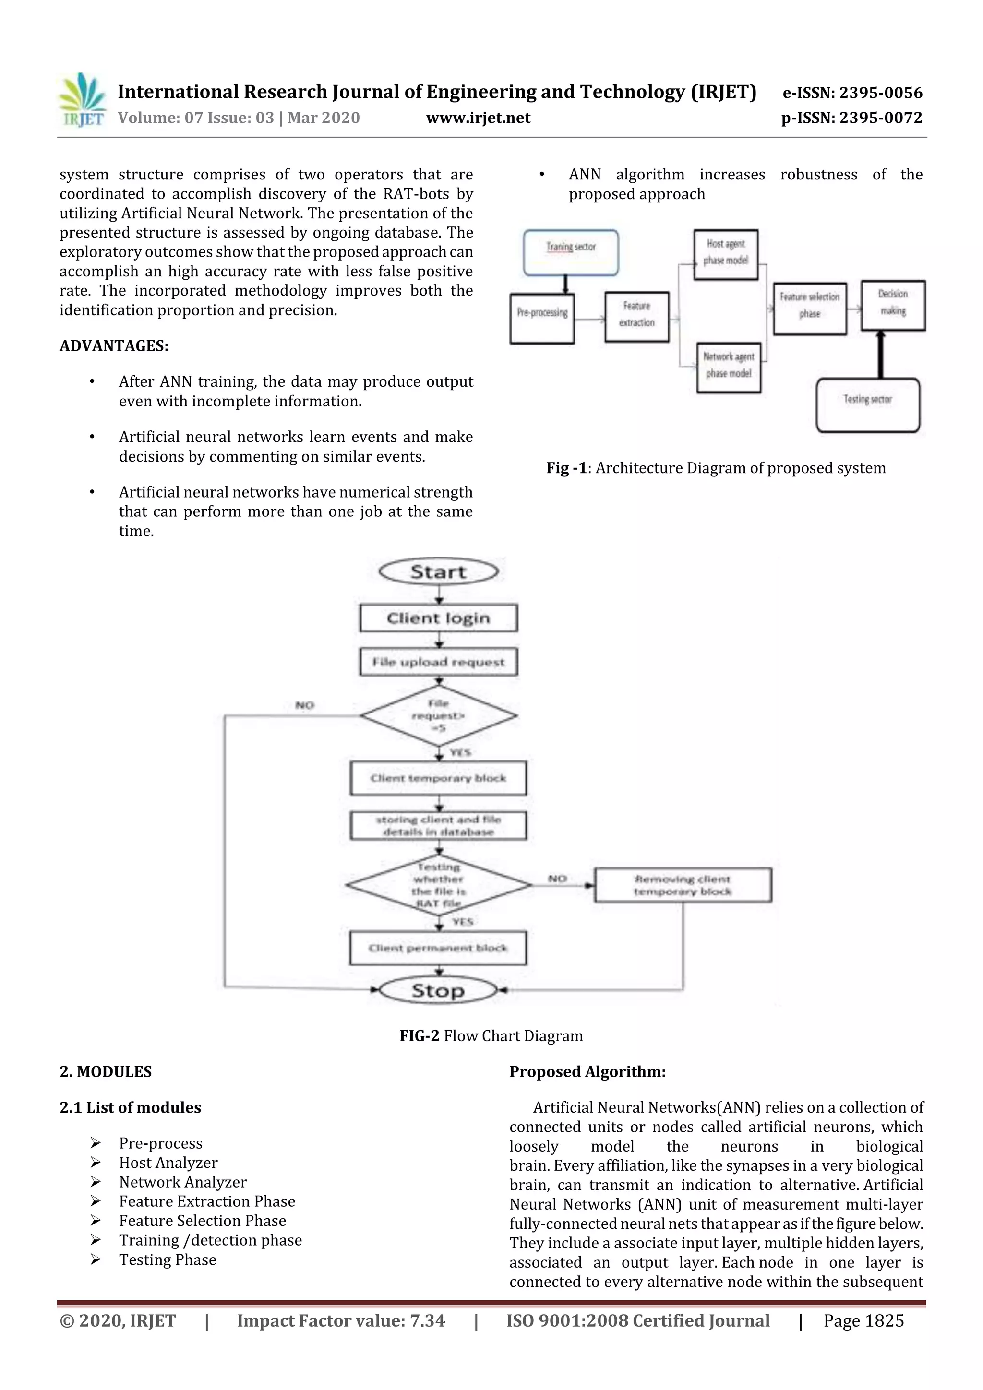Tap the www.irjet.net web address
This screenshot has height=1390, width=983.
pos(478,118)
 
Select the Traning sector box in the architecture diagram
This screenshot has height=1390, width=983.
pos(571,253)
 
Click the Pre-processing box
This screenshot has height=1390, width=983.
pos(541,319)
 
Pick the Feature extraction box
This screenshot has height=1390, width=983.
pos(636,317)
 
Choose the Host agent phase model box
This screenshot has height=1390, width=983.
pos(726,254)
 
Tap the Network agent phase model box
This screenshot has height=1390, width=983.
pos(729,368)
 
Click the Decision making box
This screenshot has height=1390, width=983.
pos(893,305)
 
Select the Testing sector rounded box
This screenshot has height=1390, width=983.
pos(867,404)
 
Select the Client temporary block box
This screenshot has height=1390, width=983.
pos(438,778)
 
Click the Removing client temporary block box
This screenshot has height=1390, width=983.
pos(683,885)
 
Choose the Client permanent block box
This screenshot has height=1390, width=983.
pos(438,948)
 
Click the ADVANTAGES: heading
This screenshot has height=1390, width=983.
pos(114,345)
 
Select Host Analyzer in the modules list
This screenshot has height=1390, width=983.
pos(168,1163)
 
